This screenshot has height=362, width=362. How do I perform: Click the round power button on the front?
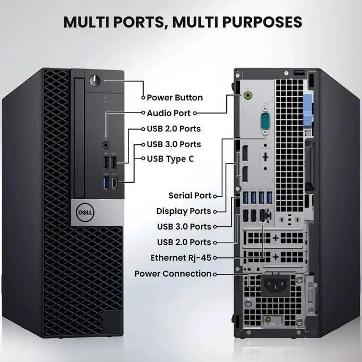94,80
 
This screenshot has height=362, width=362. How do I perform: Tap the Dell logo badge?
85,212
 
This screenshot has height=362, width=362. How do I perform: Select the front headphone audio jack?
106,145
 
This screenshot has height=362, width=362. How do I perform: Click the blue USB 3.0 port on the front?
106,182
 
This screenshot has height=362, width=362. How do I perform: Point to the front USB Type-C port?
114,183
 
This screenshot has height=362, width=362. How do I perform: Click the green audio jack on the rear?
248,94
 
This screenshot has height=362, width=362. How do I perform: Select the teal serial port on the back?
265,120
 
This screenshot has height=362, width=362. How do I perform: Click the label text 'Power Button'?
175,98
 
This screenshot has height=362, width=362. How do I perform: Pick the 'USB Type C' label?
170,159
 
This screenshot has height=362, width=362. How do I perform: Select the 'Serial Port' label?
190,196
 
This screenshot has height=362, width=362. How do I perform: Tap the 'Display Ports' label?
183,211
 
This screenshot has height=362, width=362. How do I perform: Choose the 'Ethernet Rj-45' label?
181,258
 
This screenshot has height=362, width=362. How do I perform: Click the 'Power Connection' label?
173,274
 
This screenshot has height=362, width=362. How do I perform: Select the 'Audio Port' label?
169,113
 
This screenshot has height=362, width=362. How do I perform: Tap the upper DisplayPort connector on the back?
245,153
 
